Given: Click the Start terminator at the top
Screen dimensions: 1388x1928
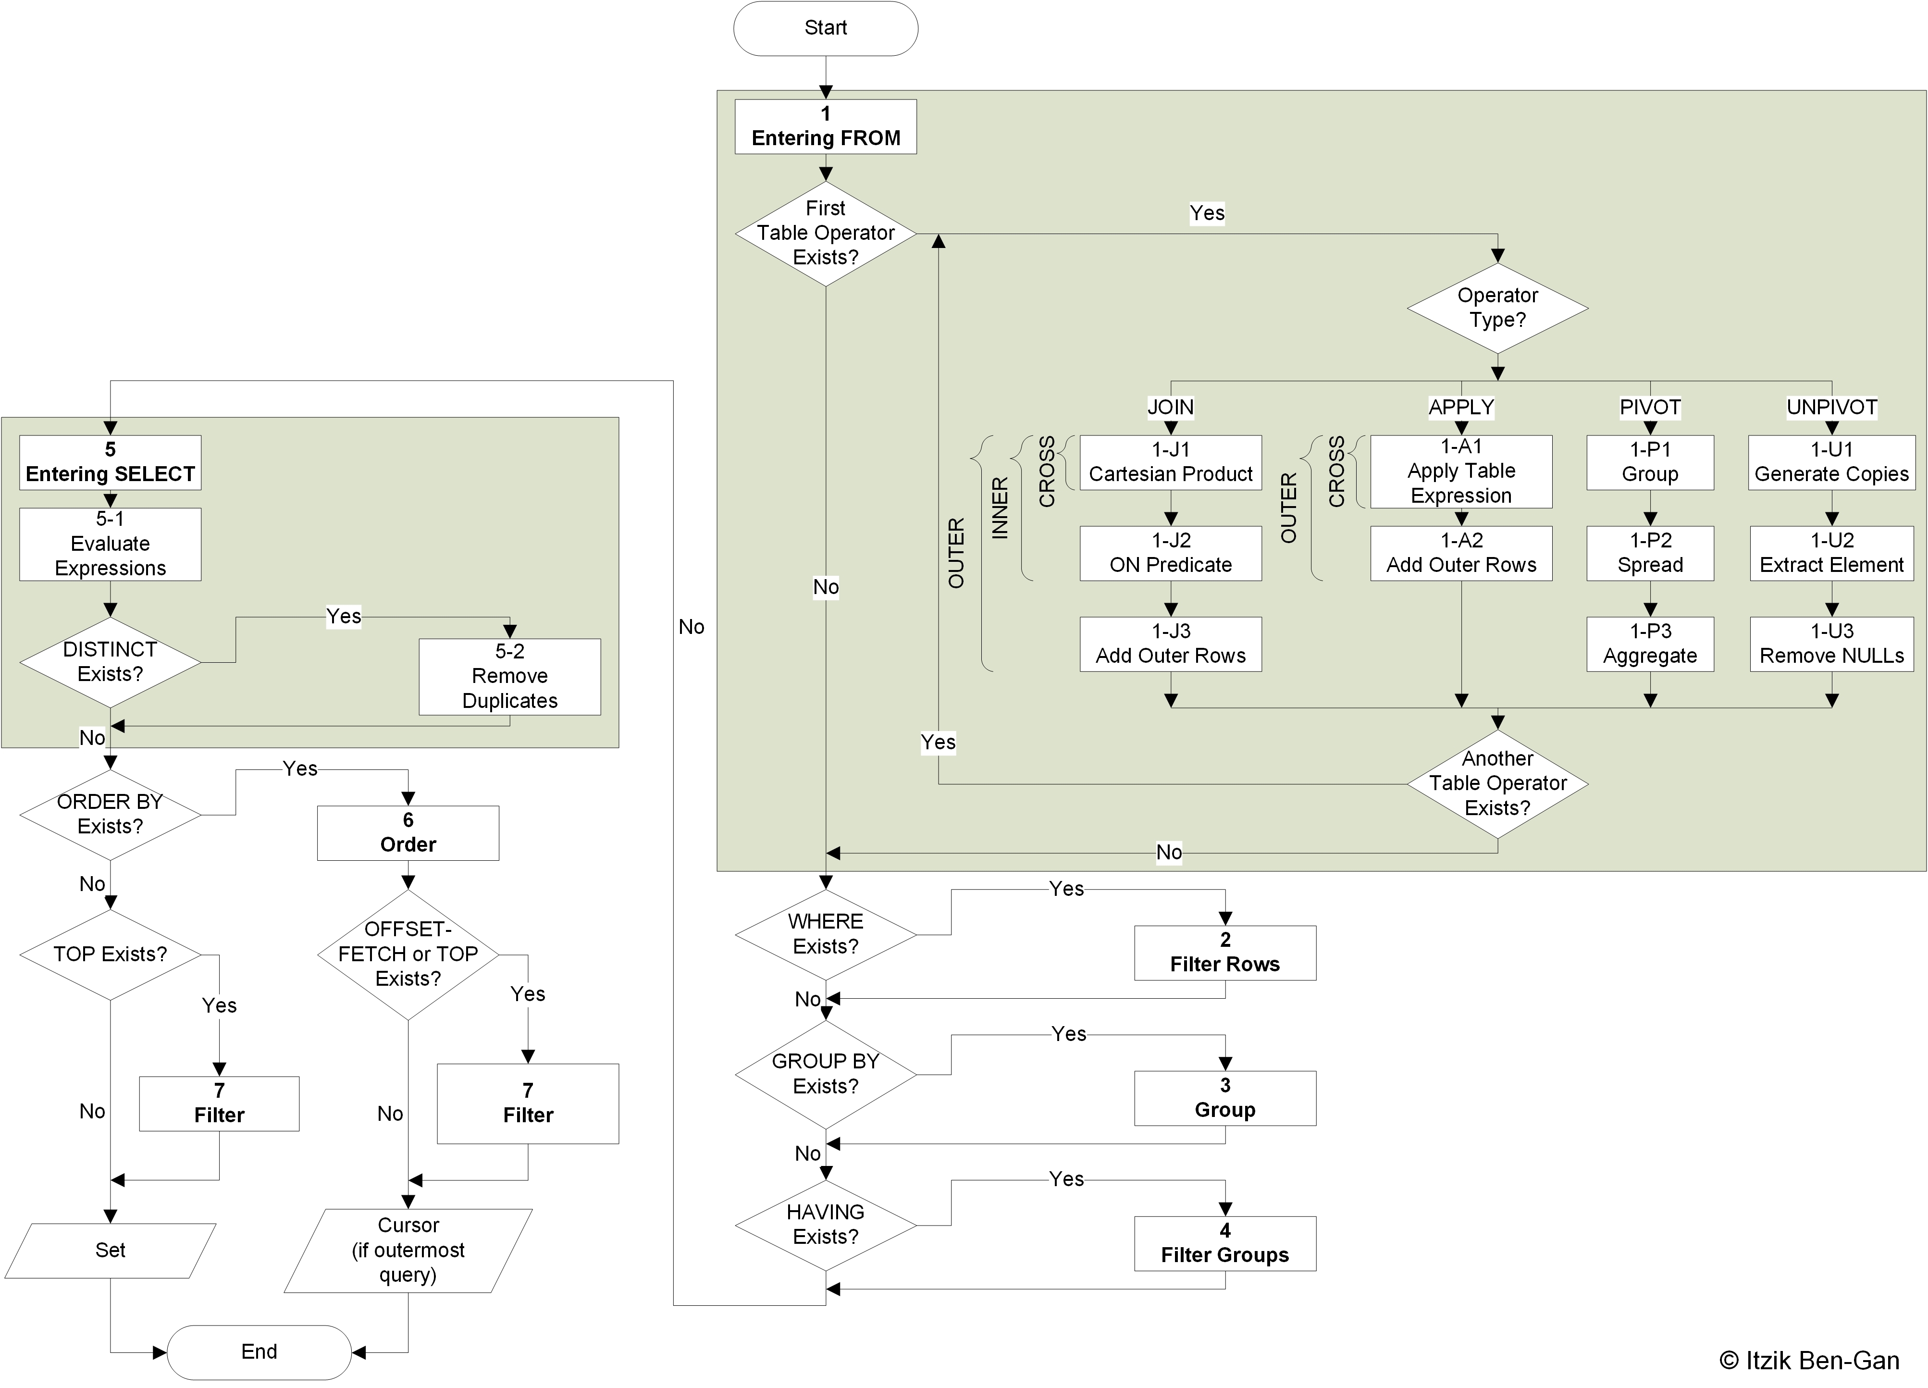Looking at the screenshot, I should coord(826,28).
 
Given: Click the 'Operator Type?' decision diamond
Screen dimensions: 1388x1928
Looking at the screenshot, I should coord(1497,308).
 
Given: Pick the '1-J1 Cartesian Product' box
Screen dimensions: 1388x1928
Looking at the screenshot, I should coord(1171,462).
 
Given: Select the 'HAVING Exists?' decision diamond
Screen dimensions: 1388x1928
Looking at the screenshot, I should coord(826,1225).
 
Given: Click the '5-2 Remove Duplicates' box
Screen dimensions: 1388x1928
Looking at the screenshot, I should coord(509,677).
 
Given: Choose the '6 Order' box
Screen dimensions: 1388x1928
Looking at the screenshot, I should coord(408,833).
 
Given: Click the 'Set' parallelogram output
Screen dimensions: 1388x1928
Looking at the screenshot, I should coord(111,1250).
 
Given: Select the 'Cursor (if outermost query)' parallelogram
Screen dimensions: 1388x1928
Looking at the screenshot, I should coord(408,1250).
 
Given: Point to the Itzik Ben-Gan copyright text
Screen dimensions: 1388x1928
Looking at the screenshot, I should coord(1808,1361).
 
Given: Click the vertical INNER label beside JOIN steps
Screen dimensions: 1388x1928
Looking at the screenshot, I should coord(1000,508).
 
